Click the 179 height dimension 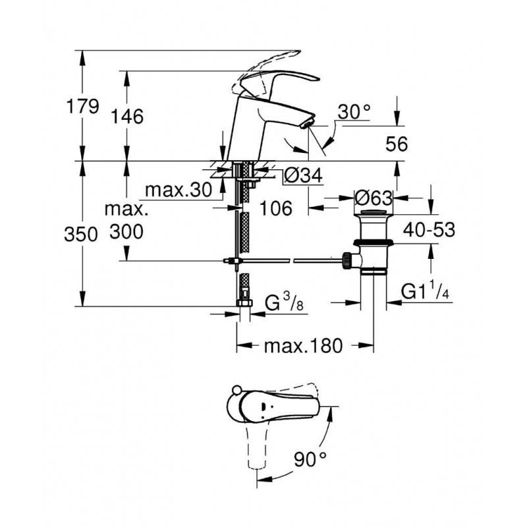tap(83, 107)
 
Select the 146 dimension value tap(127, 117)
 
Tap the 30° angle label tap(354, 112)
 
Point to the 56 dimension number tap(397, 144)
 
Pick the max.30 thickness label tap(179, 190)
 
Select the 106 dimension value tap(276, 208)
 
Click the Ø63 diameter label tap(374, 198)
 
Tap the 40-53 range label tap(430, 230)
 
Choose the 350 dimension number tap(80, 234)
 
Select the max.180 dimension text tap(303, 346)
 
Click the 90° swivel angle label tap(310, 459)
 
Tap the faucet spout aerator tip tap(308, 125)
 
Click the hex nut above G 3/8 tap(244, 303)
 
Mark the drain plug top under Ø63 tap(374, 212)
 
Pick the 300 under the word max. tap(126, 232)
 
